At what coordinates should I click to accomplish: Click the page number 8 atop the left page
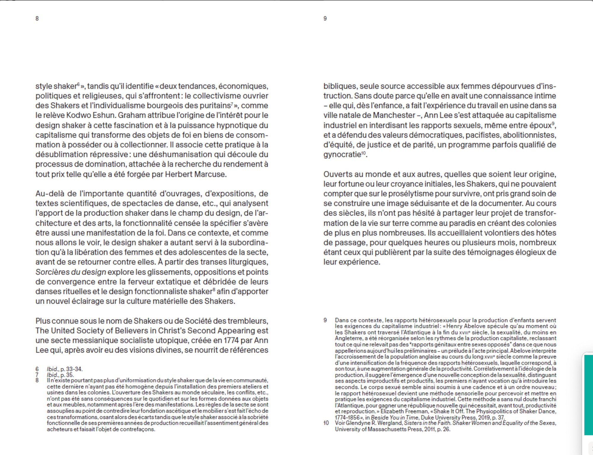pyautogui.click(x=37, y=18)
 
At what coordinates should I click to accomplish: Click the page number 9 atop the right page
pyautogui.click(x=325, y=18)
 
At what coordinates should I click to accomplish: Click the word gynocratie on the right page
pyautogui.click(x=342, y=155)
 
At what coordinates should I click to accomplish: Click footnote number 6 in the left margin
pyautogui.click(x=37, y=369)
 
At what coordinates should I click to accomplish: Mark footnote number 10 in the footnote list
pyautogui.click(x=326, y=423)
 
